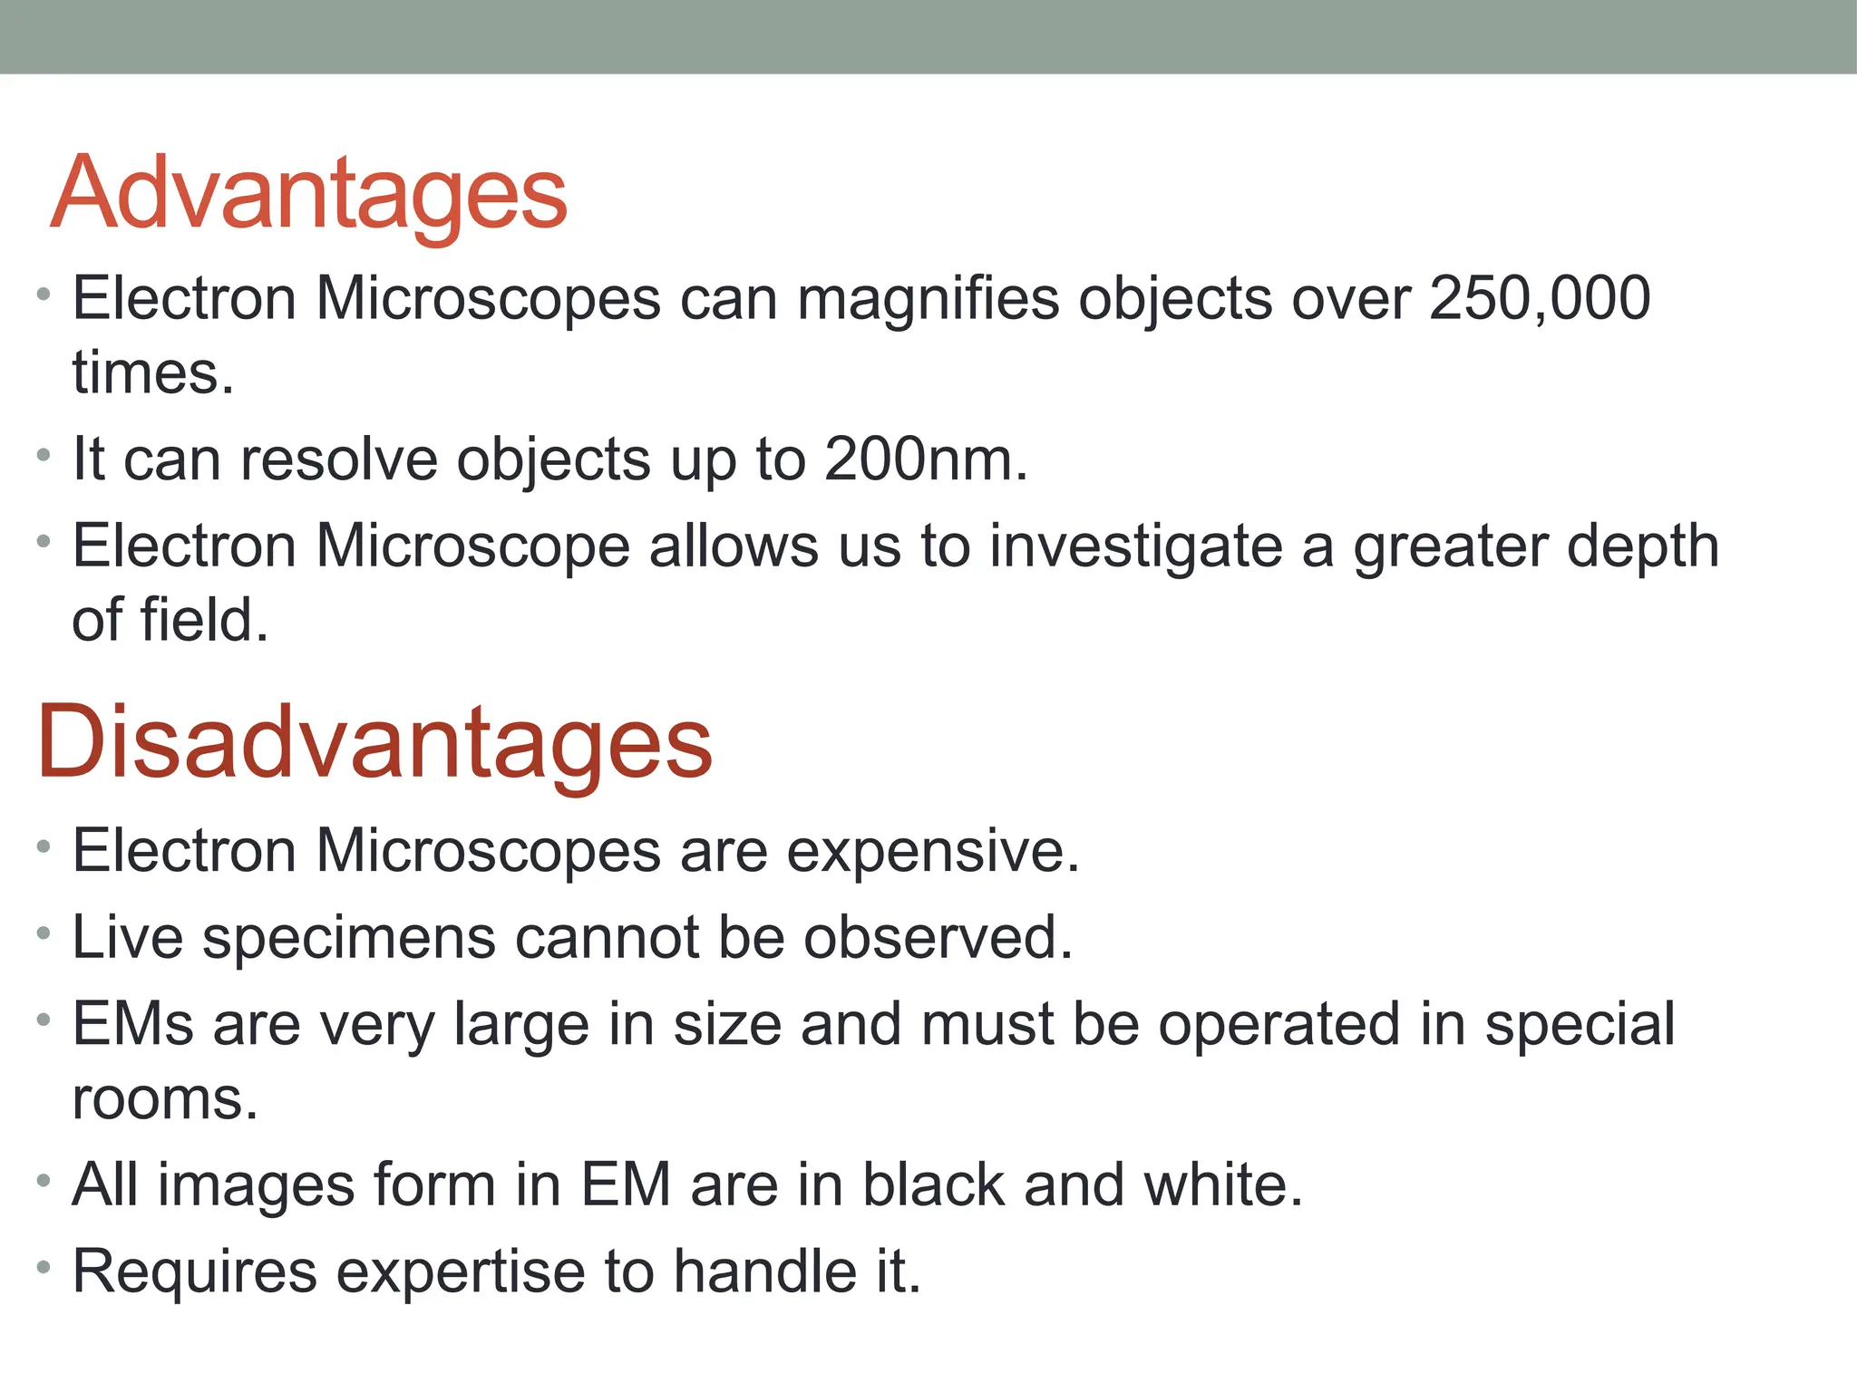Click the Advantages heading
coord(309,194)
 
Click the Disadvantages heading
coord(374,743)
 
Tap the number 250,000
coord(1539,298)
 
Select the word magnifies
coord(928,300)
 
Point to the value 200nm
coord(925,459)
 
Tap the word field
coord(204,620)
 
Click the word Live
coord(127,937)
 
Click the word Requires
coord(195,1271)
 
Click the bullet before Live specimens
coord(44,933)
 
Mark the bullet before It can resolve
coord(44,455)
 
